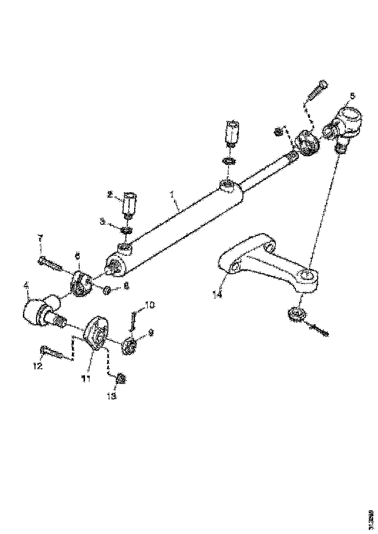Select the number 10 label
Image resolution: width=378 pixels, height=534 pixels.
(x=150, y=305)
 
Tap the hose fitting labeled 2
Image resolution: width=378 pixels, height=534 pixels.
(x=129, y=205)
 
